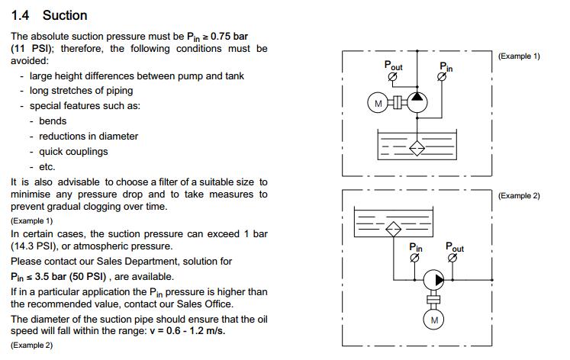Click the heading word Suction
tap(65, 15)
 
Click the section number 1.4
tap(20, 15)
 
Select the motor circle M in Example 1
tap(378, 103)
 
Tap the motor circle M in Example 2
tap(433, 320)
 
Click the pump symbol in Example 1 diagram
tap(417, 102)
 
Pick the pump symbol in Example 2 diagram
tap(433, 280)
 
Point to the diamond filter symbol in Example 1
tap(417, 148)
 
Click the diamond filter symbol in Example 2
tap(393, 229)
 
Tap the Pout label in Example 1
tap(393, 66)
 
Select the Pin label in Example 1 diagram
tap(446, 67)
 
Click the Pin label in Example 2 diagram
tap(416, 247)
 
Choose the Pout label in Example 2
tap(455, 247)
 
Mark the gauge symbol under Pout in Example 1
tap(392, 76)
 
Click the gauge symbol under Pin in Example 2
tap(414, 258)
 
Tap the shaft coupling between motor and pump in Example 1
tap(398, 102)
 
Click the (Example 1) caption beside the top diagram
tap(519, 56)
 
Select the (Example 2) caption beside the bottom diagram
tap(519, 195)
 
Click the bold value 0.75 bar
tap(229, 37)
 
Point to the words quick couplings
tap(73, 152)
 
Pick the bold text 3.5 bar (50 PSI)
tap(70, 276)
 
